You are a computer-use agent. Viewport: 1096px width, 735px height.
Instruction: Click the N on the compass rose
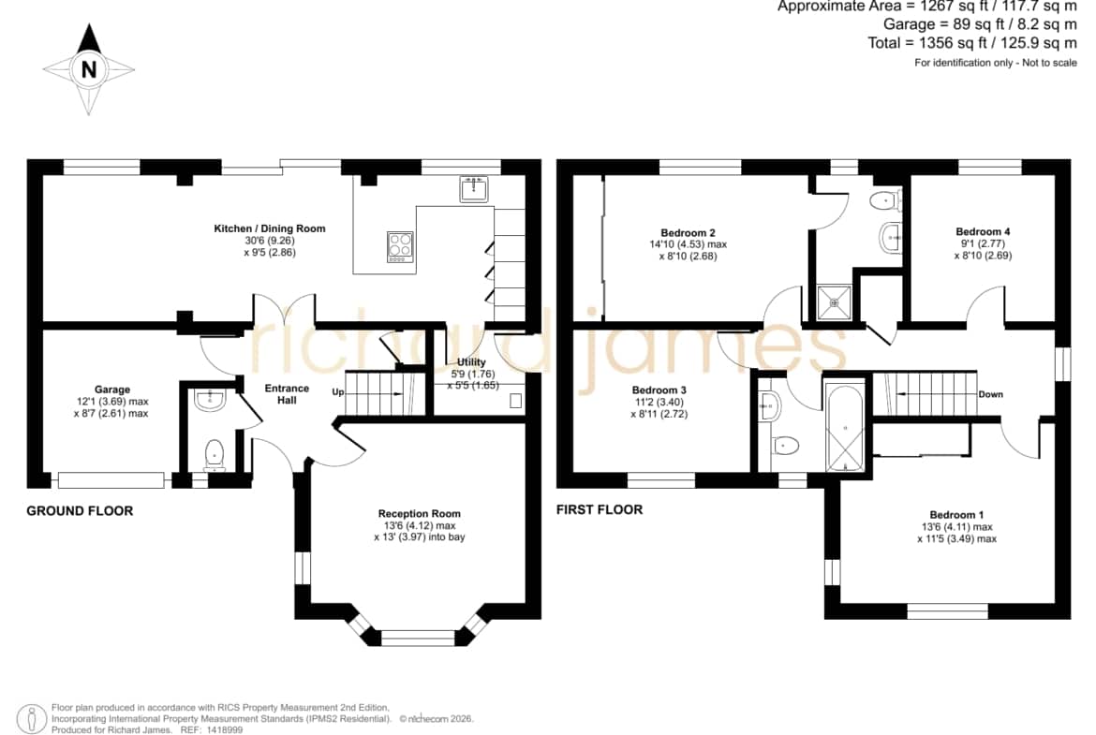pos(89,69)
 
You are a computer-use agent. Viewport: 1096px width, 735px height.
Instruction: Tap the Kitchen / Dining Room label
pos(269,228)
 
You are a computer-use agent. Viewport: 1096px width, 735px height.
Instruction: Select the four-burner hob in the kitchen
pos(401,247)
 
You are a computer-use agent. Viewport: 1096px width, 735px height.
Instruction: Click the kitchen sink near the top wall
pos(474,188)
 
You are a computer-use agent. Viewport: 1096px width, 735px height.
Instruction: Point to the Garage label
pos(112,390)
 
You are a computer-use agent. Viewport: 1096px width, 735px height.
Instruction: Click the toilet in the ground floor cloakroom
pos(214,455)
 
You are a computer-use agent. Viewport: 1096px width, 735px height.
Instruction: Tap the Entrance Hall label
pos(287,394)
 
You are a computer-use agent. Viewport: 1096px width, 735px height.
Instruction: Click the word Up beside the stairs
pos(338,392)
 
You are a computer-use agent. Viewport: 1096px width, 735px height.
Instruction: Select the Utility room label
pos(471,362)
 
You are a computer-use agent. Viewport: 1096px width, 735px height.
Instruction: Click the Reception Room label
pos(420,513)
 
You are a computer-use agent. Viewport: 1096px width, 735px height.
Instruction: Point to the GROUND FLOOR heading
pos(80,510)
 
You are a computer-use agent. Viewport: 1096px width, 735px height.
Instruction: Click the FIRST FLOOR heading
pos(600,509)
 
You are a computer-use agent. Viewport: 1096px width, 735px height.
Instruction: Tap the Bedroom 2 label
pos(688,232)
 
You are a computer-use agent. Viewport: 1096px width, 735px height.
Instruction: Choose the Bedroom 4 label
pos(983,231)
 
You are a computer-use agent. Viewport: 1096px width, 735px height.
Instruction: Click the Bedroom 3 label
pos(659,390)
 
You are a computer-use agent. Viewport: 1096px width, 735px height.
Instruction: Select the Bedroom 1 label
pos(957,515)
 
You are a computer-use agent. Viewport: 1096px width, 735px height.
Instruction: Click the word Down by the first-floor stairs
pos(990,394)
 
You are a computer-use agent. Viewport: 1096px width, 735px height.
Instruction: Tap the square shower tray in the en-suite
pos(834,302)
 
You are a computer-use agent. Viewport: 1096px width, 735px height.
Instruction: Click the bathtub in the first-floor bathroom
pos(845,427)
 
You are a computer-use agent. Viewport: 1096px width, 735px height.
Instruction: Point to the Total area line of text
pos(972,43)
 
